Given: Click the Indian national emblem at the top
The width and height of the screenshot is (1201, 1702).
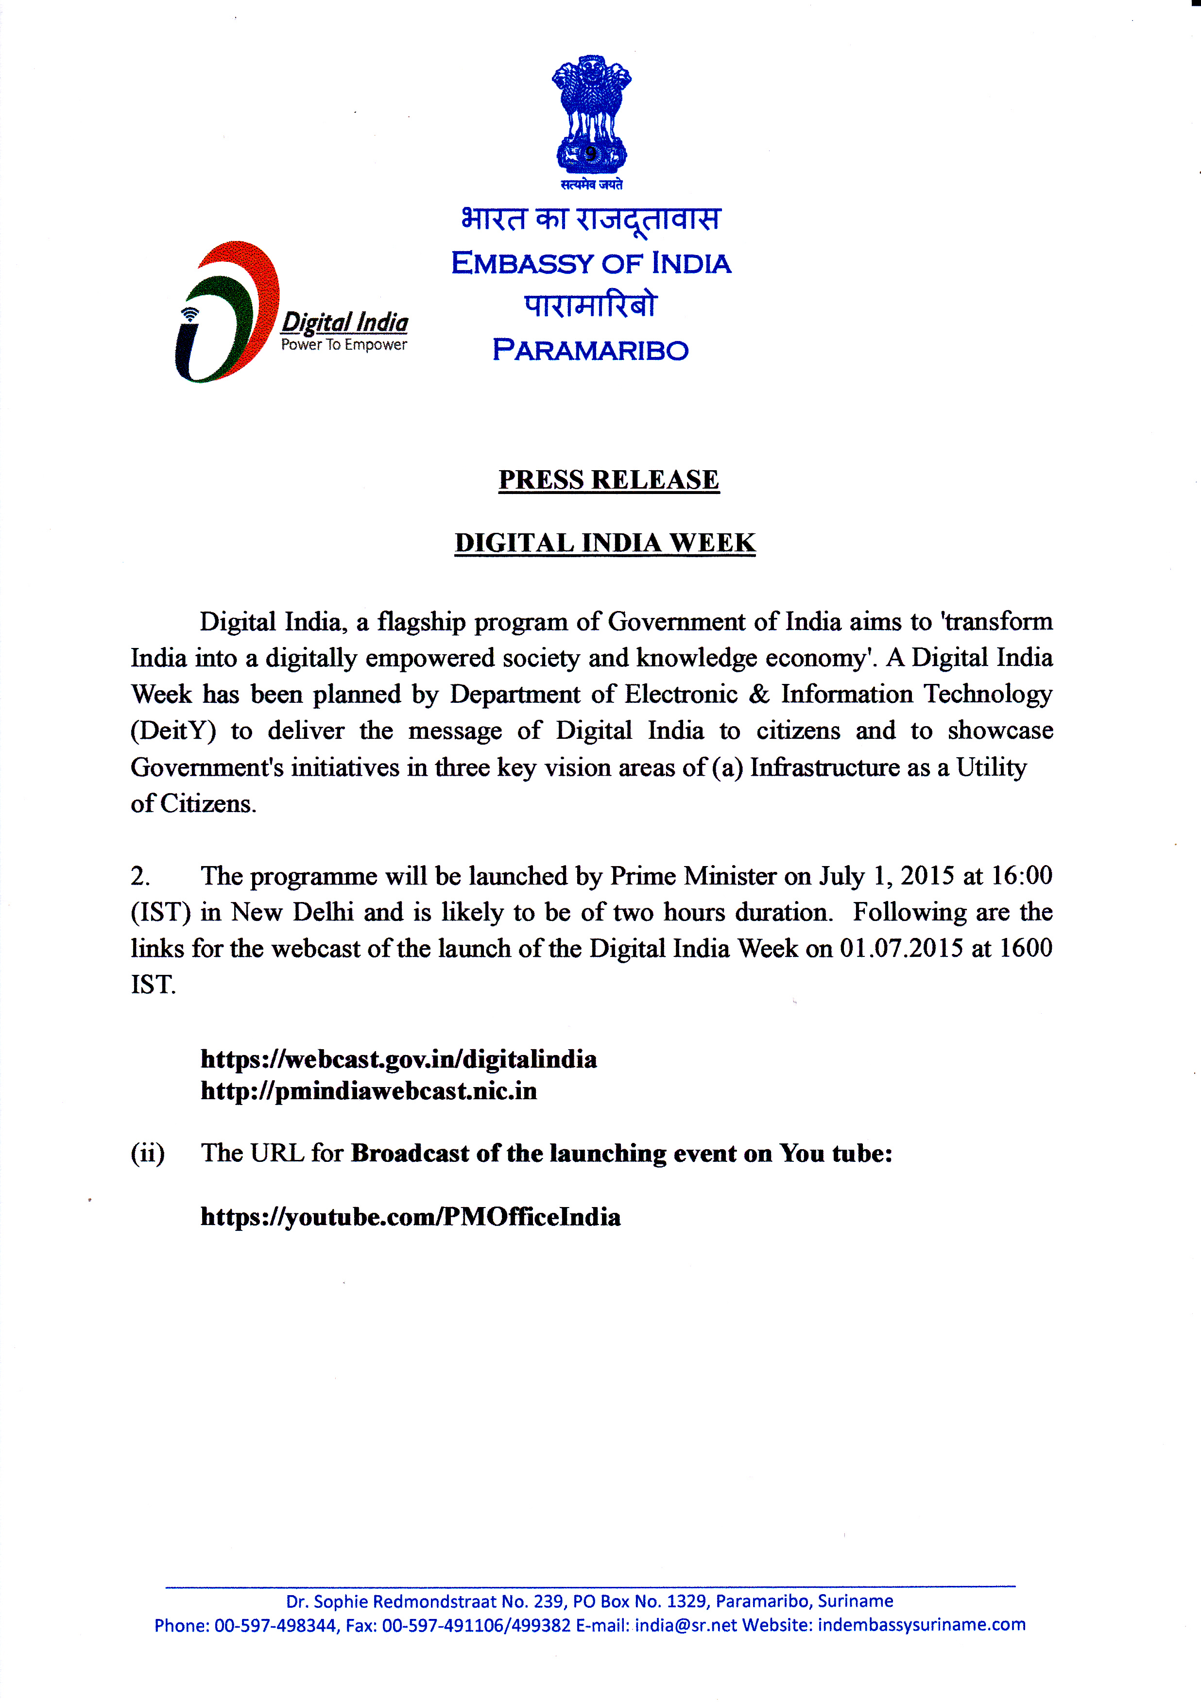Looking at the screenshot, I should (591, 115).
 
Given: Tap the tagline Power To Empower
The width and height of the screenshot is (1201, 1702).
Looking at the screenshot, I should (343, 345).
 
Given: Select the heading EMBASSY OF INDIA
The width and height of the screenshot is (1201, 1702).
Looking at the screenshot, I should (591, 263).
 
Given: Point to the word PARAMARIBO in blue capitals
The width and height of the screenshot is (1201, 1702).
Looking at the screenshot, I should (591, 350).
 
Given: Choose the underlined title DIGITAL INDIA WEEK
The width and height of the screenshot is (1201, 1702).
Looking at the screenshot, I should (605, 543).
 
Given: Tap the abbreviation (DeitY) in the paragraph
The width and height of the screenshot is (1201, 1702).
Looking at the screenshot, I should (173, 731).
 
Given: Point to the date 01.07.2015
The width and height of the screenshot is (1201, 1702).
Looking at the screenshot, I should (902, 949).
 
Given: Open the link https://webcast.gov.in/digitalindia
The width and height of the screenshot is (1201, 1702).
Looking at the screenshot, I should (398, 1059).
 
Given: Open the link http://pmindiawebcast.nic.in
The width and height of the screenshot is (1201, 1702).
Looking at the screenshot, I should (368, 1091).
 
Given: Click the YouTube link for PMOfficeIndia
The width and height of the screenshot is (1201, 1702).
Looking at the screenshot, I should (410, 1217).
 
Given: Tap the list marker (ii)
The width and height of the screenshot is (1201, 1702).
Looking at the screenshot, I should (148, 1154).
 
